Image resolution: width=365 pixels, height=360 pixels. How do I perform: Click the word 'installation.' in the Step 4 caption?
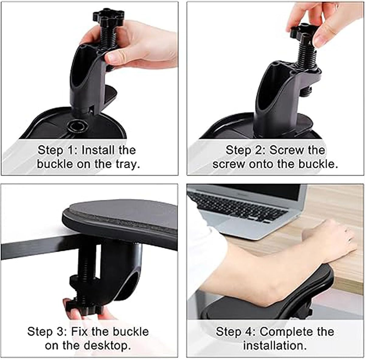pyautogui.click(x=275, y=345)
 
